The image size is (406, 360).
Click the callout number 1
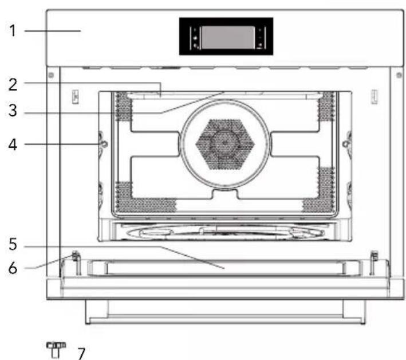pos(13,30)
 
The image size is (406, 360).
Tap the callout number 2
pos(13,84)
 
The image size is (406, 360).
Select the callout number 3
pos(13,111)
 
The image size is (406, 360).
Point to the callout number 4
pos(13,144)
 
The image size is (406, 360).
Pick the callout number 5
pos(13,244)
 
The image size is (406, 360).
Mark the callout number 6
pos(13,268)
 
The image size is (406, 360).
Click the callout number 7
pos(81,354)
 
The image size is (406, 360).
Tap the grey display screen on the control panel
pos(228,37)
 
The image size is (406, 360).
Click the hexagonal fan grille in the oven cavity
pos(225,144)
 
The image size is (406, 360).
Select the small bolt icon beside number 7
pos(56,350)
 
